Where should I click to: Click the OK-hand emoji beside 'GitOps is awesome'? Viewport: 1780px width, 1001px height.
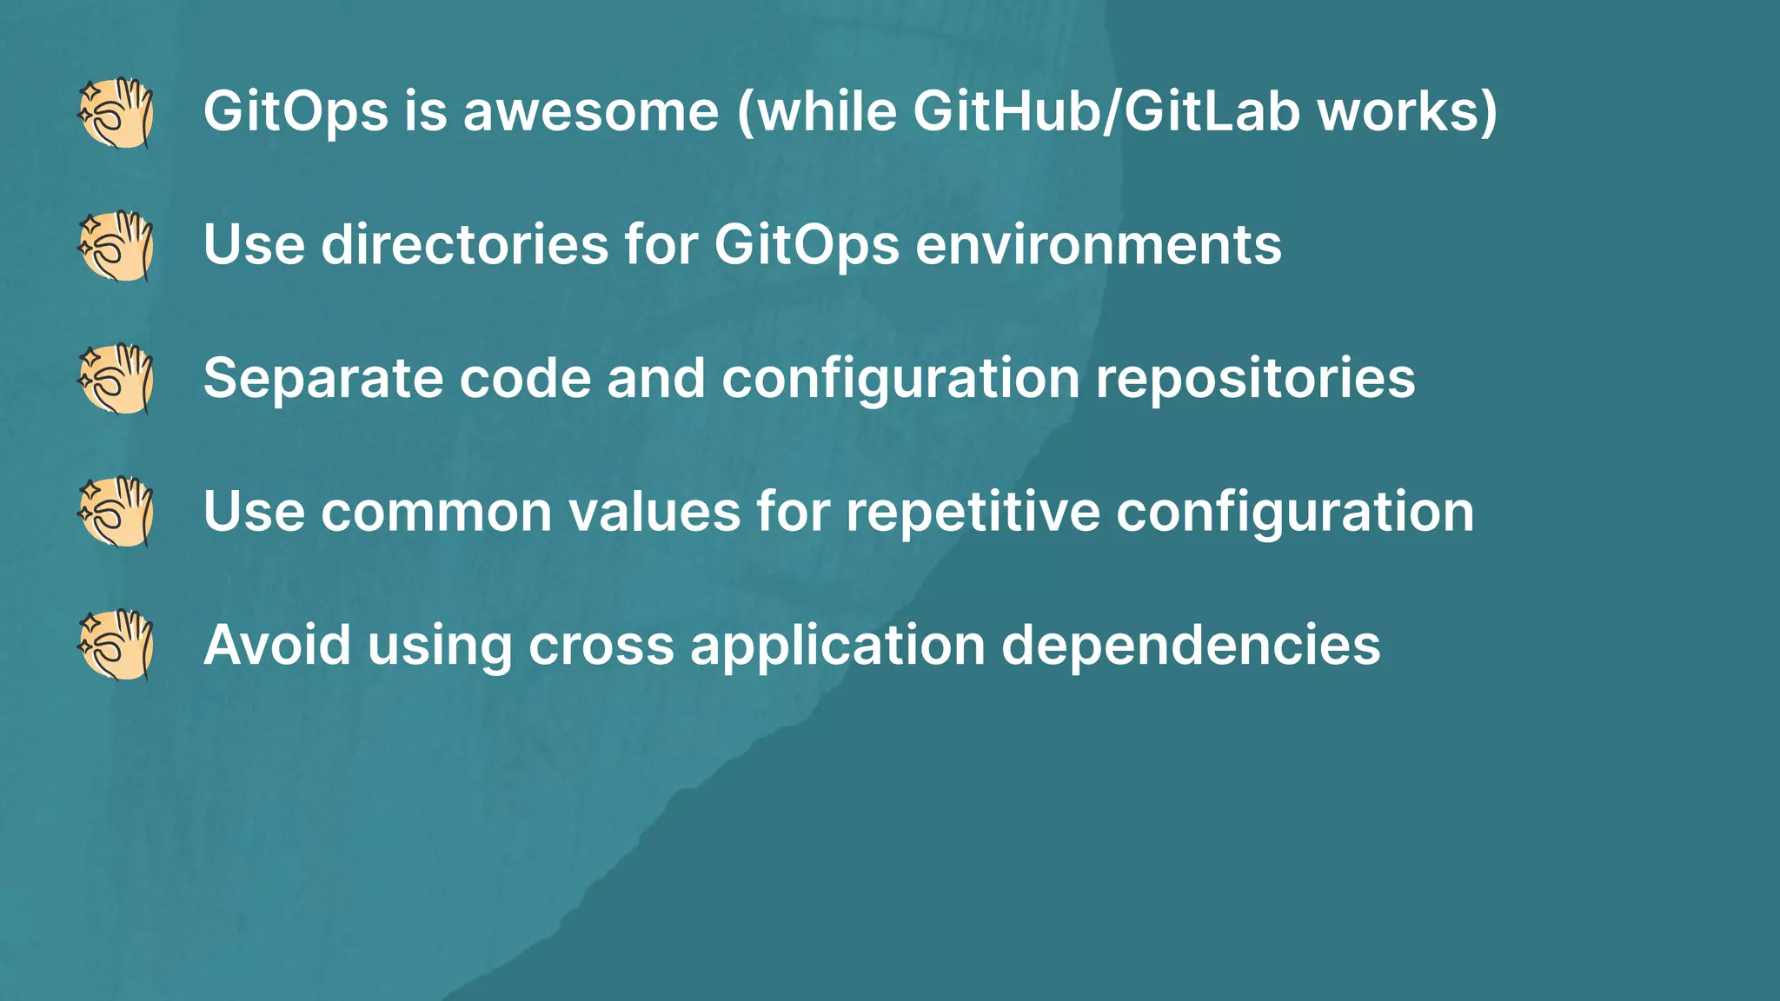tap(116, 113)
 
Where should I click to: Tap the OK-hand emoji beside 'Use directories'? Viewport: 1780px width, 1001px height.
tap(116, 246)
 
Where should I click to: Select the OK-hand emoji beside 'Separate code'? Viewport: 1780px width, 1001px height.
tap(116, 379)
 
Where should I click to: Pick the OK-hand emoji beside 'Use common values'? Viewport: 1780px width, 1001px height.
tap(116, 512)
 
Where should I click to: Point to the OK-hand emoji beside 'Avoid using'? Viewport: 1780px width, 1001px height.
tap(116, 645)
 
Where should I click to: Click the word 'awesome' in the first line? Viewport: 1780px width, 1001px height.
tap(591, 113)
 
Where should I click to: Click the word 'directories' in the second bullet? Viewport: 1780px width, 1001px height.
tap(465, 245)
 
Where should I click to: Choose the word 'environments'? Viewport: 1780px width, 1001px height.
tap(1099, 246)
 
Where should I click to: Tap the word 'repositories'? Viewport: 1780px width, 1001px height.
tap(1255, 380)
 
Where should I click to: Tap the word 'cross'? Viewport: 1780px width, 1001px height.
tap(601, 646)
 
